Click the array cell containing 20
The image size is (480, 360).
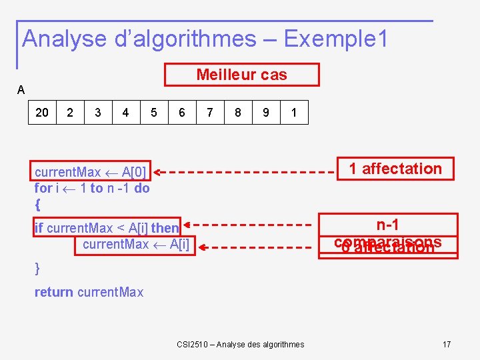coord(42,113)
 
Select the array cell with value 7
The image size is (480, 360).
coord(210,113)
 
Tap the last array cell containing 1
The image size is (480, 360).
coord(294,113)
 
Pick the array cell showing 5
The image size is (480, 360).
coord(154,113)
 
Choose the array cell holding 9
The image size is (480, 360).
coord(266,113)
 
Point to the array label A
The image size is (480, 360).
coord(21,89)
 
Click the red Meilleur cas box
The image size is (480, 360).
coord(242,75)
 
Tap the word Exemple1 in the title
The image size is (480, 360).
coord(336,39)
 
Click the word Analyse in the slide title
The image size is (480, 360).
coord(64,39)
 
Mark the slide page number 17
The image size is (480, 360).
coord(447,344)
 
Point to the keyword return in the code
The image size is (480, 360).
coord(54,292)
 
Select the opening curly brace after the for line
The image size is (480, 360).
coord(37,203)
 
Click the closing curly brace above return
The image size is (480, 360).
coord(37,268)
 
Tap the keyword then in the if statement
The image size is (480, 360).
coord(165,228)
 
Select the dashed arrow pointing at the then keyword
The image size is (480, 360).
coord(247,225)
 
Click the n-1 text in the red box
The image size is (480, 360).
coord(387,225)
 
